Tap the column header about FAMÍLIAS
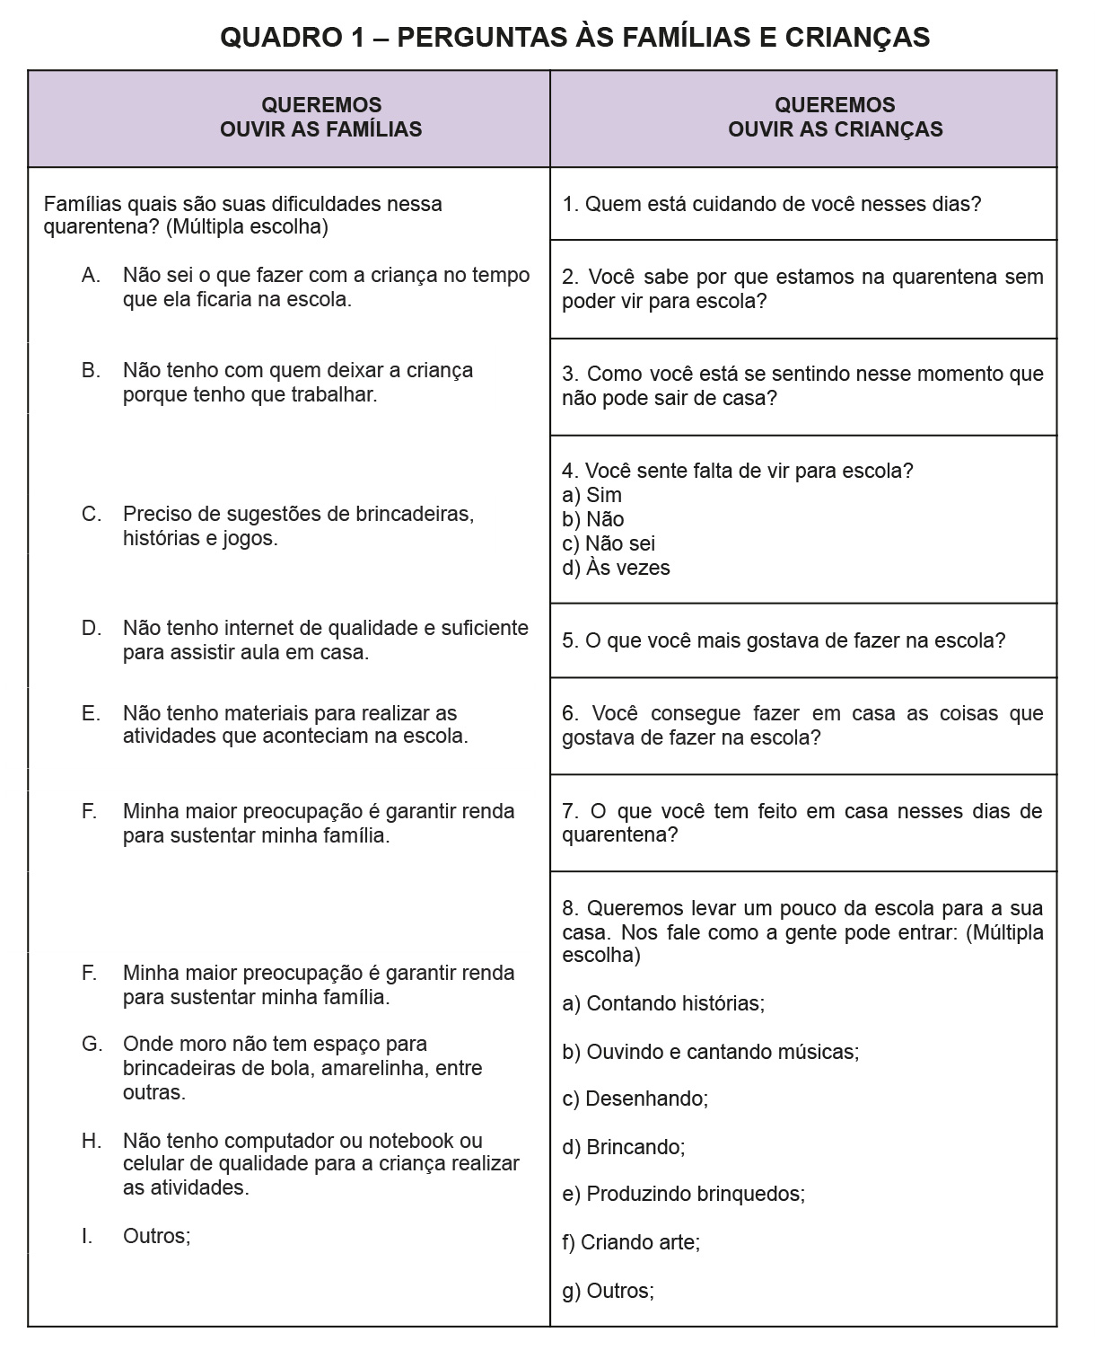click(x=320, y=118)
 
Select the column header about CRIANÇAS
click(x=835, y=118)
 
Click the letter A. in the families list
click(x=91, y=276)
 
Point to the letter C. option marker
click(x=91, y=515)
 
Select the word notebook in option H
click(x=415, y=1141)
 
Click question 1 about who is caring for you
click(x=772, y=204)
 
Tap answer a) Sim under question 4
click(x=592, y=495)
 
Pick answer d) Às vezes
click(x=617, y=568)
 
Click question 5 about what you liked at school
click(x=784, y=640)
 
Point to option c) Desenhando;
click(x=635, y=1099)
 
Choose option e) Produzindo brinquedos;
click(x=684, y=1194)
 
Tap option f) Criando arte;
click(x=632, y=1242)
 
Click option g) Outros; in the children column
click(x=609, y=1291)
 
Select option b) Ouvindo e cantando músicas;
click(x=711, y=1051)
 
